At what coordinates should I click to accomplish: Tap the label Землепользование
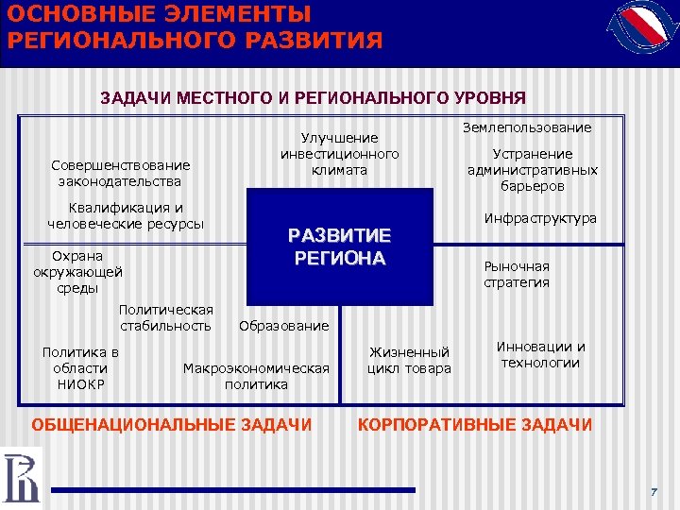pos(527,127)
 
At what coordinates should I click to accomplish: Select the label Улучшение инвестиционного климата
pos(339,154)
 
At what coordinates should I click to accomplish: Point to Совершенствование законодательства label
pos(121,173)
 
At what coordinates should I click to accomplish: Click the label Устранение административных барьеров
pos(533,170)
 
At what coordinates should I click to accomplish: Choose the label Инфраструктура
pos(540,218)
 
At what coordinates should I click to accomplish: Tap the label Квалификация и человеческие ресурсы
pos(126,215)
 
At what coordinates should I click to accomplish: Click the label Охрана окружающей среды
pos(78,271)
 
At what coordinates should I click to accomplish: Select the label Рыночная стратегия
pos(516,274)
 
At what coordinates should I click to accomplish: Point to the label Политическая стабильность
pos(166,318)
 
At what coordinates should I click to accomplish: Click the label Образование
pos(284,326)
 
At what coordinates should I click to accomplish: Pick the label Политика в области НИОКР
pos(80,368)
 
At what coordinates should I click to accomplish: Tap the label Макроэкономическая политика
pos(256,376)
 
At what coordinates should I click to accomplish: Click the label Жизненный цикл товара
pos(409,360)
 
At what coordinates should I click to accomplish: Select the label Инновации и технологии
pos(541,354)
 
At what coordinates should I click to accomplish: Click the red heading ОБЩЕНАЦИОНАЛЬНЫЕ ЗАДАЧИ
pos(172,425)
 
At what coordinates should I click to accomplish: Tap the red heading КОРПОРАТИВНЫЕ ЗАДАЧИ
pos(475,425)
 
